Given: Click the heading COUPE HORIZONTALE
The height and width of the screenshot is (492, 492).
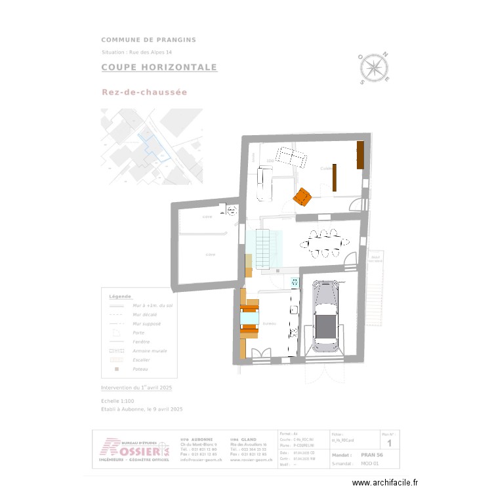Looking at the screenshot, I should [159, 68].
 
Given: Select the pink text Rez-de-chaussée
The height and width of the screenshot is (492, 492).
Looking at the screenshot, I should [144, 92].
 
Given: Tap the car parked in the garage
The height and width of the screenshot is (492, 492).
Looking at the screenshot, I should [327, 316].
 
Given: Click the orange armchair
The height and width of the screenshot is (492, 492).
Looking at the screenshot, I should [302, 196].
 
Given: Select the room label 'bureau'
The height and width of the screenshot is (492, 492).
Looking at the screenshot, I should [268, 324].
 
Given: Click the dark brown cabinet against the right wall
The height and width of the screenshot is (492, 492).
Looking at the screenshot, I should [360, 155].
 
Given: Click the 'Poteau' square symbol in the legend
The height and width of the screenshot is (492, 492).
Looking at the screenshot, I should [116, 369].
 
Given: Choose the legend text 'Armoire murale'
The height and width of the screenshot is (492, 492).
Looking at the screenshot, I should [150, 351].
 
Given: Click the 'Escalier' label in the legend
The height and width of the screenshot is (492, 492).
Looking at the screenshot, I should [142, 360].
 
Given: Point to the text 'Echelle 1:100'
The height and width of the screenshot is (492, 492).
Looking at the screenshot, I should [117, 400].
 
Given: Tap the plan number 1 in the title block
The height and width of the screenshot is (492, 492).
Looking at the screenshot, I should [389, 444].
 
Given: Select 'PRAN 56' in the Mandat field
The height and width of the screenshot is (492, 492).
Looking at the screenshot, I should [372, 455].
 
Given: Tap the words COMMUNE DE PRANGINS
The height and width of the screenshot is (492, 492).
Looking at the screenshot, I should [148, 40].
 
